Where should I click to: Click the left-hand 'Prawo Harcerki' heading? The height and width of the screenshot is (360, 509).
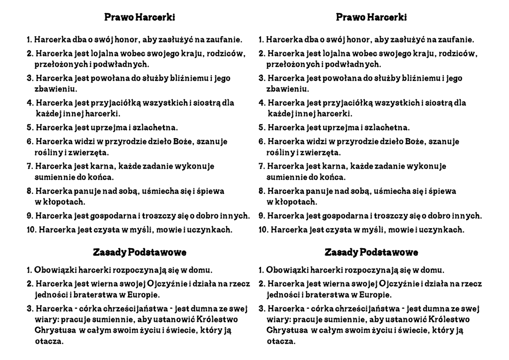coord(140,17)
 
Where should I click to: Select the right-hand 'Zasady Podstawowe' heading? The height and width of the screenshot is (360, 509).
coord(371,253)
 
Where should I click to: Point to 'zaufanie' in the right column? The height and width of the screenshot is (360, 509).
coord(457,39)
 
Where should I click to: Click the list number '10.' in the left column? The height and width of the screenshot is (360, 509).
coord(31,230)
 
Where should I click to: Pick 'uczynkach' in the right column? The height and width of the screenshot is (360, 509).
coord(443,230)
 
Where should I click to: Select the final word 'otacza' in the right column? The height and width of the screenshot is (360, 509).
coord(281,342)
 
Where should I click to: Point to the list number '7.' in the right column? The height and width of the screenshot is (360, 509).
coord(261,166)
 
